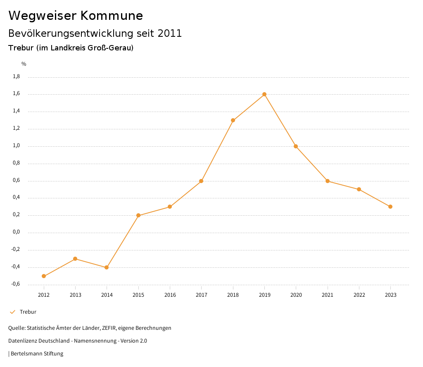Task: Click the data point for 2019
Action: [264, 94]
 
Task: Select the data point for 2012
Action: [44, 276]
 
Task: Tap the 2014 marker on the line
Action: [107, 267]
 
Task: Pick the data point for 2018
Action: [233, 120]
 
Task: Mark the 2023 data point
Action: [390, 207]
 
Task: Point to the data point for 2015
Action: [138, 215]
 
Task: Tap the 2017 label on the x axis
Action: [201, 295]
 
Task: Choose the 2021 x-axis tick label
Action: [328, 295]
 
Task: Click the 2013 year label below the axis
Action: [75, 295]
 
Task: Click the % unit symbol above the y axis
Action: [24, 64]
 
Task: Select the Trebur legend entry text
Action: [28, 312]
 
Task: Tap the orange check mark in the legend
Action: [12, 312]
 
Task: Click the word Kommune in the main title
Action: [112, 16]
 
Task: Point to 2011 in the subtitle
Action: [170, 33]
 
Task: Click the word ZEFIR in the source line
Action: [109, 328]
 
